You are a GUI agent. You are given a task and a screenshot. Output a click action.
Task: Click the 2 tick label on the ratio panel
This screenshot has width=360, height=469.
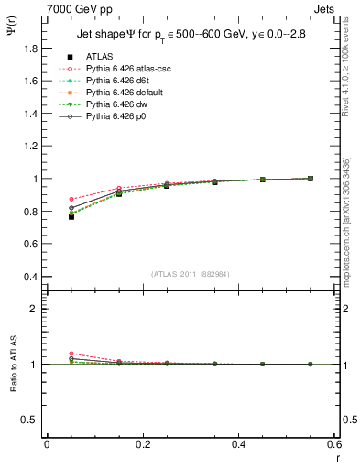click(x=33, y=309)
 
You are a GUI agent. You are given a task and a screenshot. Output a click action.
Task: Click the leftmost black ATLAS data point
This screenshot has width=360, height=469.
click(x=71, y=217)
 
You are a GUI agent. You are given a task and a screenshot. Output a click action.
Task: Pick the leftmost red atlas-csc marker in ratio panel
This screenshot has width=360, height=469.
click(x=71, y=354)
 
